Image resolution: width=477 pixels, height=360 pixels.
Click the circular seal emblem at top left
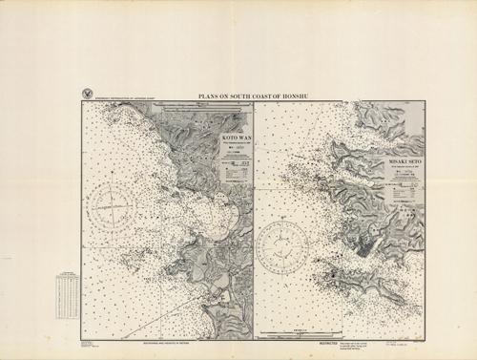click(88, 94)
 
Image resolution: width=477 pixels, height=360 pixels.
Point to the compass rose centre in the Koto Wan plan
click(114, 203)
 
